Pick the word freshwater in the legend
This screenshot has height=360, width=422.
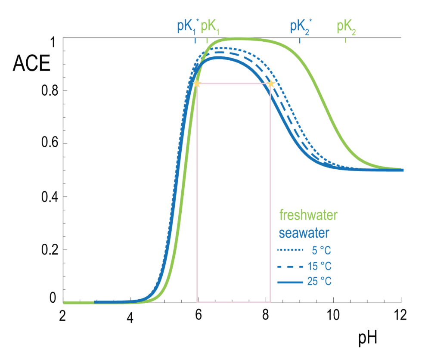[308, 214]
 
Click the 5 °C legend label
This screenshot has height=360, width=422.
[322, 250]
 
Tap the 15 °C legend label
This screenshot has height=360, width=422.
[320, 266]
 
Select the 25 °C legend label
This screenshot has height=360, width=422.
[320, 282]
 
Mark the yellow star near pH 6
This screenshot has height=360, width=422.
[197, 84]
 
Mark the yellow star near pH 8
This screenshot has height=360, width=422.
[271, 84]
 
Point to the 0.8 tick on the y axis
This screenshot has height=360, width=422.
[48, 91]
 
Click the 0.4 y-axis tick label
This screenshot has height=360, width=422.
[48, 197]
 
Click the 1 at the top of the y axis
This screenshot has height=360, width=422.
[52, 42]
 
